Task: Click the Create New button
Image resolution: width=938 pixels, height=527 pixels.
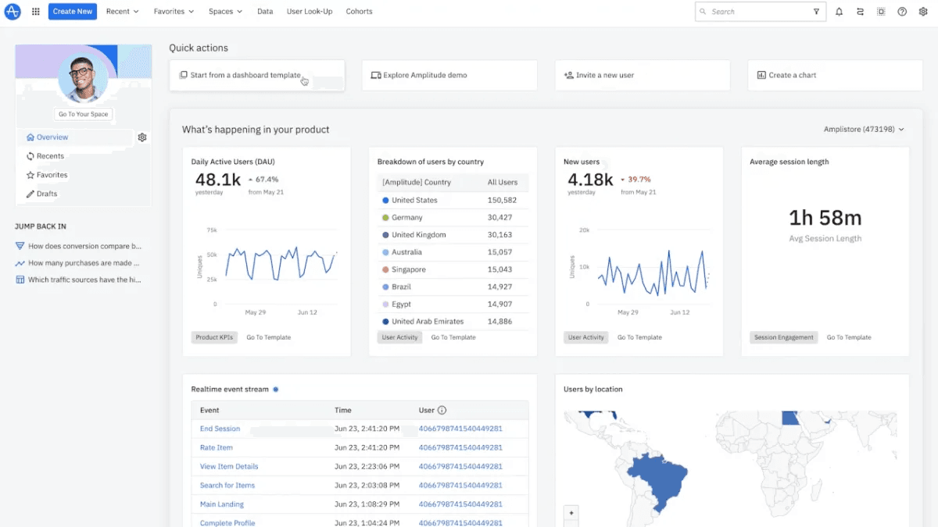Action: pos(73,11)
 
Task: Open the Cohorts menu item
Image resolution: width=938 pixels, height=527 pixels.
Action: pos(359,11)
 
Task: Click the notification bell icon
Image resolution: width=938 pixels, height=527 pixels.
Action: pos(839,12)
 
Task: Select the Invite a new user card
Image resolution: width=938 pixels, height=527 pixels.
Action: pos(643,75)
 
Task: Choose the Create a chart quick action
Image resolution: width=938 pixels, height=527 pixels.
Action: pos(835,75)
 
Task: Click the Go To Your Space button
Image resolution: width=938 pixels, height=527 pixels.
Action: pos(83,114)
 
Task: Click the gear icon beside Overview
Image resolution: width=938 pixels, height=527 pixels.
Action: pos(142,137)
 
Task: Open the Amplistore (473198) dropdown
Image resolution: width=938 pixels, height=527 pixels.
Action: pos(864,130)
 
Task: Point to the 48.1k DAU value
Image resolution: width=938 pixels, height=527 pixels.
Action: pos(218,180)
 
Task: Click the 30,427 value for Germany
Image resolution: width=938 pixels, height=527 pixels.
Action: pos(499,218)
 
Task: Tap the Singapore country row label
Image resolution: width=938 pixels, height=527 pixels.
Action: pos(409,269)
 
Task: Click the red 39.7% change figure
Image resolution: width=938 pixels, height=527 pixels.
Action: pos(639,180)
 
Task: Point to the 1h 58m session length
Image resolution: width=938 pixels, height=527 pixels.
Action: pos(825,218)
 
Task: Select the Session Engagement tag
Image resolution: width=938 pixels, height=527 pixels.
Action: pos(783,337)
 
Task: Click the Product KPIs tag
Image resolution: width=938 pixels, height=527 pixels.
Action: pos(214,337)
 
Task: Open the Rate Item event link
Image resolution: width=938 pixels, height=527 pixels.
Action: pos(216,447)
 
